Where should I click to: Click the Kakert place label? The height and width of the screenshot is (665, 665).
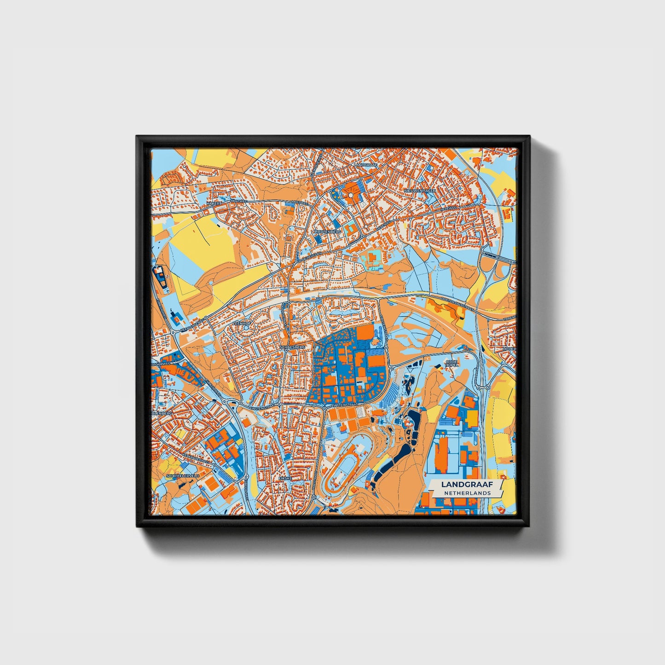click(x=214, y=202)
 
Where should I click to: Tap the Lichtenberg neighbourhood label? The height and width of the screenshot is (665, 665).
click(x=328, y=231)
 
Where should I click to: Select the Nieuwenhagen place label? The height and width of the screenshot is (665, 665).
click(x=419, y=190)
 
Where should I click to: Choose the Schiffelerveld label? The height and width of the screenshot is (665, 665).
click(x=183, y=475)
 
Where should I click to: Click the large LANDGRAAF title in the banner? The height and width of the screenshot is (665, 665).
click(x=467, y=484)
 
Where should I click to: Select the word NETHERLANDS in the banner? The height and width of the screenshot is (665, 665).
click(x=467, y=493)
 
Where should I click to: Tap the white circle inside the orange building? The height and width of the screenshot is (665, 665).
click(x=351, y=195)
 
